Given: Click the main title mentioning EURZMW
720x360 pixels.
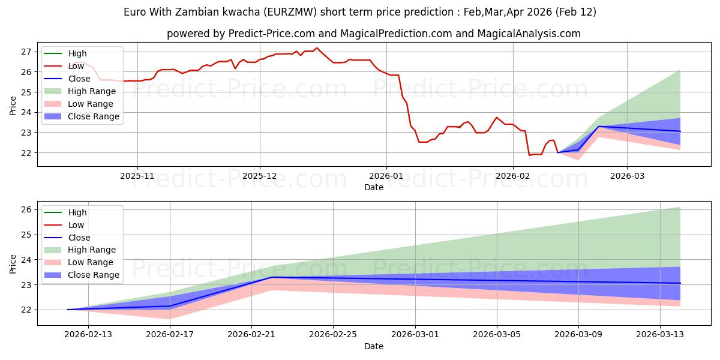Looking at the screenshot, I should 360,12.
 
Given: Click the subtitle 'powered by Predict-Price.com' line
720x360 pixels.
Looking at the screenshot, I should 373,34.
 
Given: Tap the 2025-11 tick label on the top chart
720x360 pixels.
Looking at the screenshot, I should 137,176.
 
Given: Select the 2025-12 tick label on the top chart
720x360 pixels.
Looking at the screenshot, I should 260,176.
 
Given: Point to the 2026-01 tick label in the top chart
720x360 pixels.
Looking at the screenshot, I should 386,176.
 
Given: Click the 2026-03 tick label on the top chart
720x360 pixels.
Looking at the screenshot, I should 627,176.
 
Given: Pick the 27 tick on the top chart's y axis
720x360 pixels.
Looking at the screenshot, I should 26,52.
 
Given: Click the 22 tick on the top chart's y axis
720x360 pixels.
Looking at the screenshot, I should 26,152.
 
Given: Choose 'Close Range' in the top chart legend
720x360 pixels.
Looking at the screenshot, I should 93,116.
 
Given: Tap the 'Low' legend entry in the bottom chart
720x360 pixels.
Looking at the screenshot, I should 76,225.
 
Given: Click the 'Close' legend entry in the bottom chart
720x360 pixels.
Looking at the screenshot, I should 79,238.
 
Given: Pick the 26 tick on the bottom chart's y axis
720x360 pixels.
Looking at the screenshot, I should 26,209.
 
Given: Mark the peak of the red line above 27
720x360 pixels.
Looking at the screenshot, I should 317,48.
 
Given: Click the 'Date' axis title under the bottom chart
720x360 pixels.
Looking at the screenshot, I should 373,346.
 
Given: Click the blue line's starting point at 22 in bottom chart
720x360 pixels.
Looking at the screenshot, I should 68,310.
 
